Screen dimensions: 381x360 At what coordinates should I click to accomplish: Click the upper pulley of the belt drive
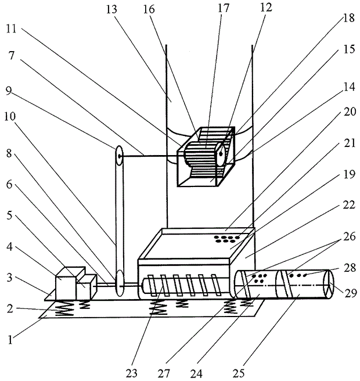[118, 155]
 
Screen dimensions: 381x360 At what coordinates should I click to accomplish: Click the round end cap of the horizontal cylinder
[328, 285]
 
